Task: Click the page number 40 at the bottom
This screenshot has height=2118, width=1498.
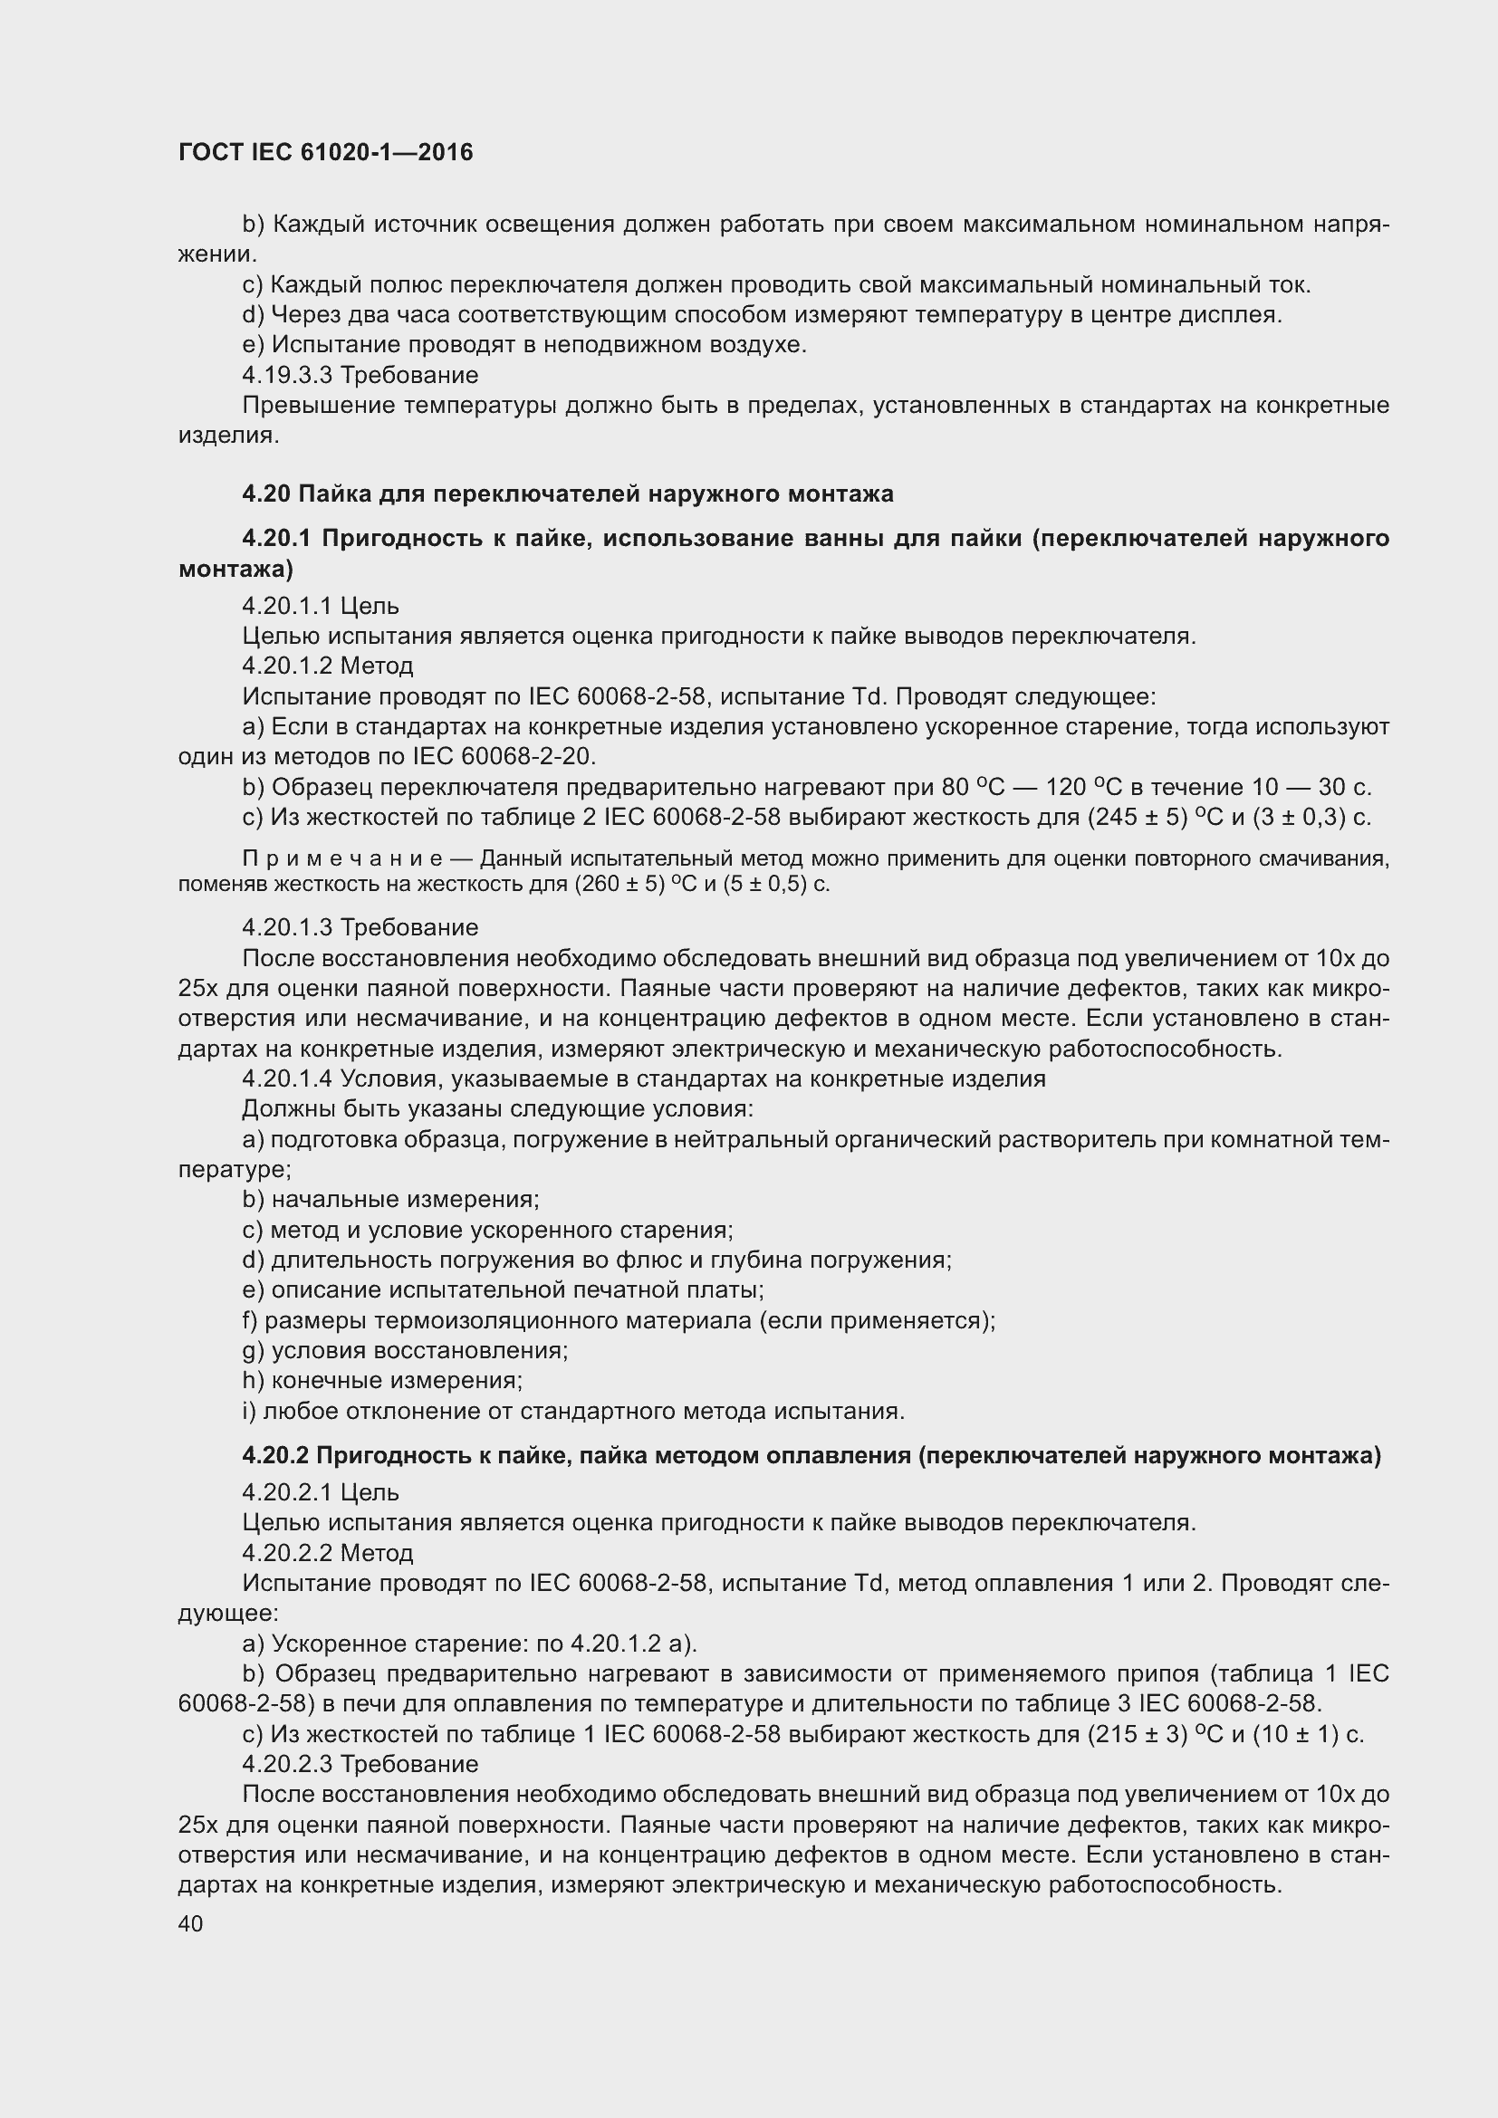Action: (190, 1923)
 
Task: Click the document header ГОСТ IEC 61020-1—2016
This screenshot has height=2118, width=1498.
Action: (326, 152)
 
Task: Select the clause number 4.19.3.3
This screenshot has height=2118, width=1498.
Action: (288, 376)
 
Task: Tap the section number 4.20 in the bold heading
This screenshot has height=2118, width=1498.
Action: (266, 494)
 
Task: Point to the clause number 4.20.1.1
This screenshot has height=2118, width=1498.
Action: (288, 606)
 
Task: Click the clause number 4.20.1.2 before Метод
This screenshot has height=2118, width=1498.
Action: (288, 666)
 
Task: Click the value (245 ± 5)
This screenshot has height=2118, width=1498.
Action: (1137, 818)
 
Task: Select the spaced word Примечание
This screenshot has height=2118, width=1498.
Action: (343, 858)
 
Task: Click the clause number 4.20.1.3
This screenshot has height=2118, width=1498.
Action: (288, 927)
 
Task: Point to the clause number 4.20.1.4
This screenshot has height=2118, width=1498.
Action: (288, 1079)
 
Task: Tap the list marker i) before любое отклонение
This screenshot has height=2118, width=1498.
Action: (249, 1412)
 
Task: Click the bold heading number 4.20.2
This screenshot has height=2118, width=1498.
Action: (275, 1457)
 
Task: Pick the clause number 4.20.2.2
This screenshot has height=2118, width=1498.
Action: (288, 1554)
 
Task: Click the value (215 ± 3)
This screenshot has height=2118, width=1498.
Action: (1137, 1735)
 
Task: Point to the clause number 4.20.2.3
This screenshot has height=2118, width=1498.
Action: (288, 1765)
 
